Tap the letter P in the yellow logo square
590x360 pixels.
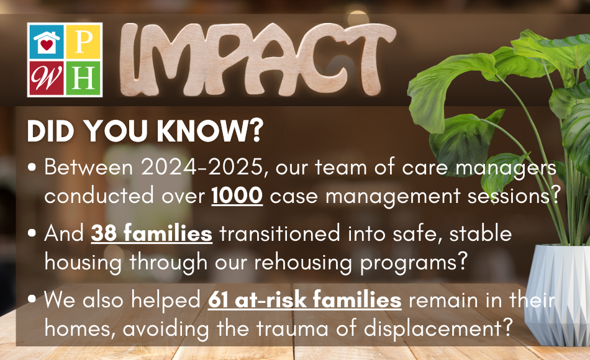pos(84,42)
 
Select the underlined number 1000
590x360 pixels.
pos(237,196)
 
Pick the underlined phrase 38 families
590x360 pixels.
pos(152,235)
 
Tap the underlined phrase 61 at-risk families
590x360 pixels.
pos(304,300)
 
